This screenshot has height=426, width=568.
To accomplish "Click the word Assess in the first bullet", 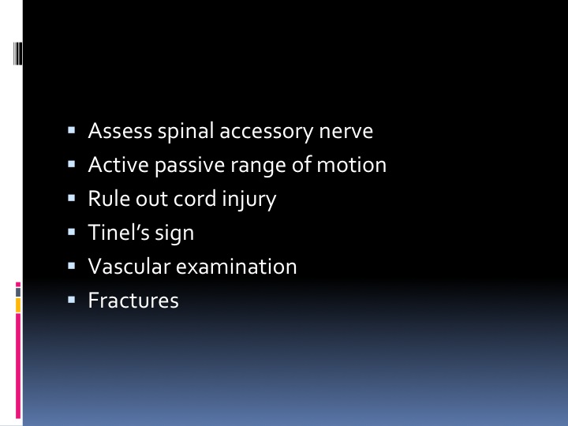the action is (x=120, y=130).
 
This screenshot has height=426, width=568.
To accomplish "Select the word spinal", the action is (x=185, y=133).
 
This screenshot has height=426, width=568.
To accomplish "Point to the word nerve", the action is (x=346, y=133).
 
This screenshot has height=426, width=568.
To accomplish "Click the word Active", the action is (x=118, y=165).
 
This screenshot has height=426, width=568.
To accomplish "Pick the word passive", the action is (x=190, y=166).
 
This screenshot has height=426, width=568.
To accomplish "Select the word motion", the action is (x=351, y=165).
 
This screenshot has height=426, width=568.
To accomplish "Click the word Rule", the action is (x=109, y=199).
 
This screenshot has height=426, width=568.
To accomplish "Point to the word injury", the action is (x=248, y=200).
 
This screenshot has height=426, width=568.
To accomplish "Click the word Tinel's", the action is (x=119, y=232).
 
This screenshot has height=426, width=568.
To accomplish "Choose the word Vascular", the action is (x=129, y=267).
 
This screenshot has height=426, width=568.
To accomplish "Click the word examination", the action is (x=236, y=267).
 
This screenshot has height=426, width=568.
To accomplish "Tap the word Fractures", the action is (x=133, y=301).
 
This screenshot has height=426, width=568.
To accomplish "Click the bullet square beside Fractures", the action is (x=71, y=300).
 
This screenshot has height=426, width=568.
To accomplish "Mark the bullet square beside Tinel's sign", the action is (x=71, y=232).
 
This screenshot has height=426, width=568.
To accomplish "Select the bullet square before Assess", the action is (x=71, y=130).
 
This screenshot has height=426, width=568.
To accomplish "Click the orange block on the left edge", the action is (x=18, y=305).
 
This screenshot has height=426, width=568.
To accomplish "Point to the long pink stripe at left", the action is (x=18, y=366).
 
